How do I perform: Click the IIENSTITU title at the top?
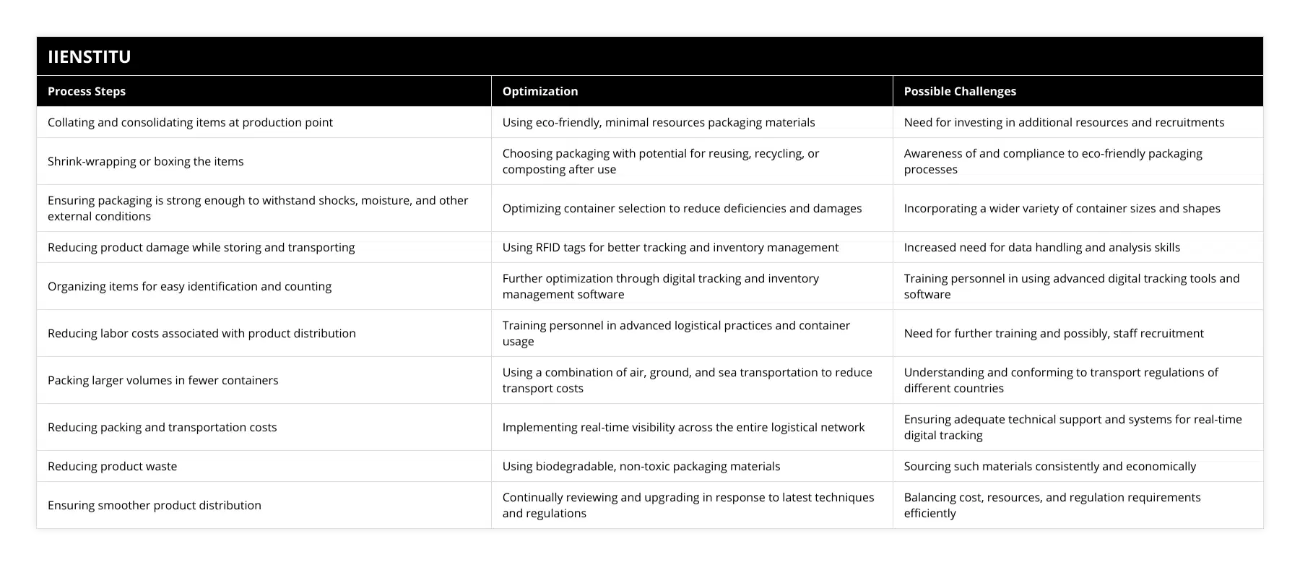pos(90,57)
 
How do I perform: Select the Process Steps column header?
pos(87,91)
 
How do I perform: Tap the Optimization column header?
pos(540,91)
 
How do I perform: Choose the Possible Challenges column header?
pos(960,91)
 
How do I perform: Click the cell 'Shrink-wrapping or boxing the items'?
pos(146,161)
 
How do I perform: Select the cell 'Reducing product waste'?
pos(113,466)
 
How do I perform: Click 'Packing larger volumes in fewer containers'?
pos(163,380)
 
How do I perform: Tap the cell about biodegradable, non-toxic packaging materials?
pos(641,466)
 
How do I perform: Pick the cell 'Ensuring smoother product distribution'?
pos(155,505)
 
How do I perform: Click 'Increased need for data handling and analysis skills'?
pos(1042,247)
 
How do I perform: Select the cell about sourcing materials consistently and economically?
pos(1050,466)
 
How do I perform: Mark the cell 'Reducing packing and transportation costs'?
pos(162,427)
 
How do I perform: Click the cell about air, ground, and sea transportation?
pos(687,380)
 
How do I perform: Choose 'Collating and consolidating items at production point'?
pos(191,122)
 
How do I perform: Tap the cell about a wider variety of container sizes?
pos(1062,208)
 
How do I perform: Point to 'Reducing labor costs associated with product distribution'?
pos(202,333)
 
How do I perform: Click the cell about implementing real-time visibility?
pos(683,427)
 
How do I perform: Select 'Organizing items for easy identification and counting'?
pos(190,286)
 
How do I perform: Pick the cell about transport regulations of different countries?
pos(1061,380)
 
